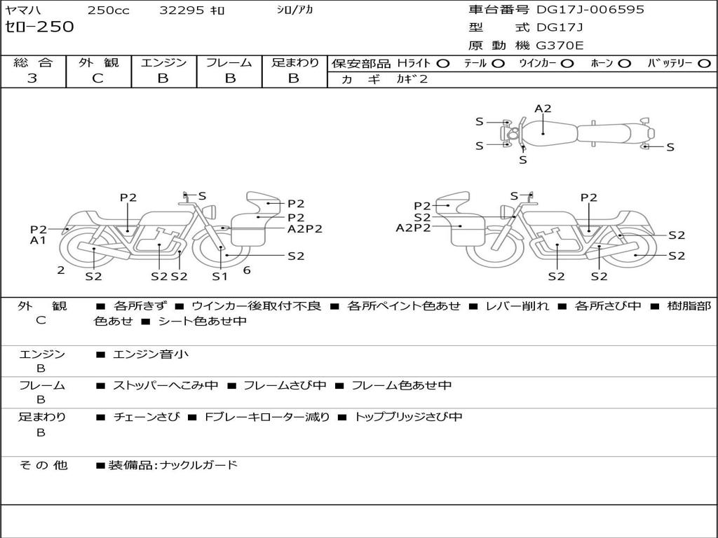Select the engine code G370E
[560, 46]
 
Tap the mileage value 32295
[182, 11]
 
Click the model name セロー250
[39, 27]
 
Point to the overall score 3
[32, 78]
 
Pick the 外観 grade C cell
[98, 78]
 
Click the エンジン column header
[164, 62]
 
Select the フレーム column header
[229, 62]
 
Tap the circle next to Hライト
[442, 63]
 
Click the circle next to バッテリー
[703, 63]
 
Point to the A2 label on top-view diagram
[543, 109]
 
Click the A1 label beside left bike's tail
[38, 240]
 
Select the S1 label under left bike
[220, 276]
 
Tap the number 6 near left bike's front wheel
[247, 270]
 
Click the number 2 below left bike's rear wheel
[61, 270]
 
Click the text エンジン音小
[151, 354]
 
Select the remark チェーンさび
[147, 417]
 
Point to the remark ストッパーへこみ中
[165, 385]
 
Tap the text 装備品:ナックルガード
[172, 464]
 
